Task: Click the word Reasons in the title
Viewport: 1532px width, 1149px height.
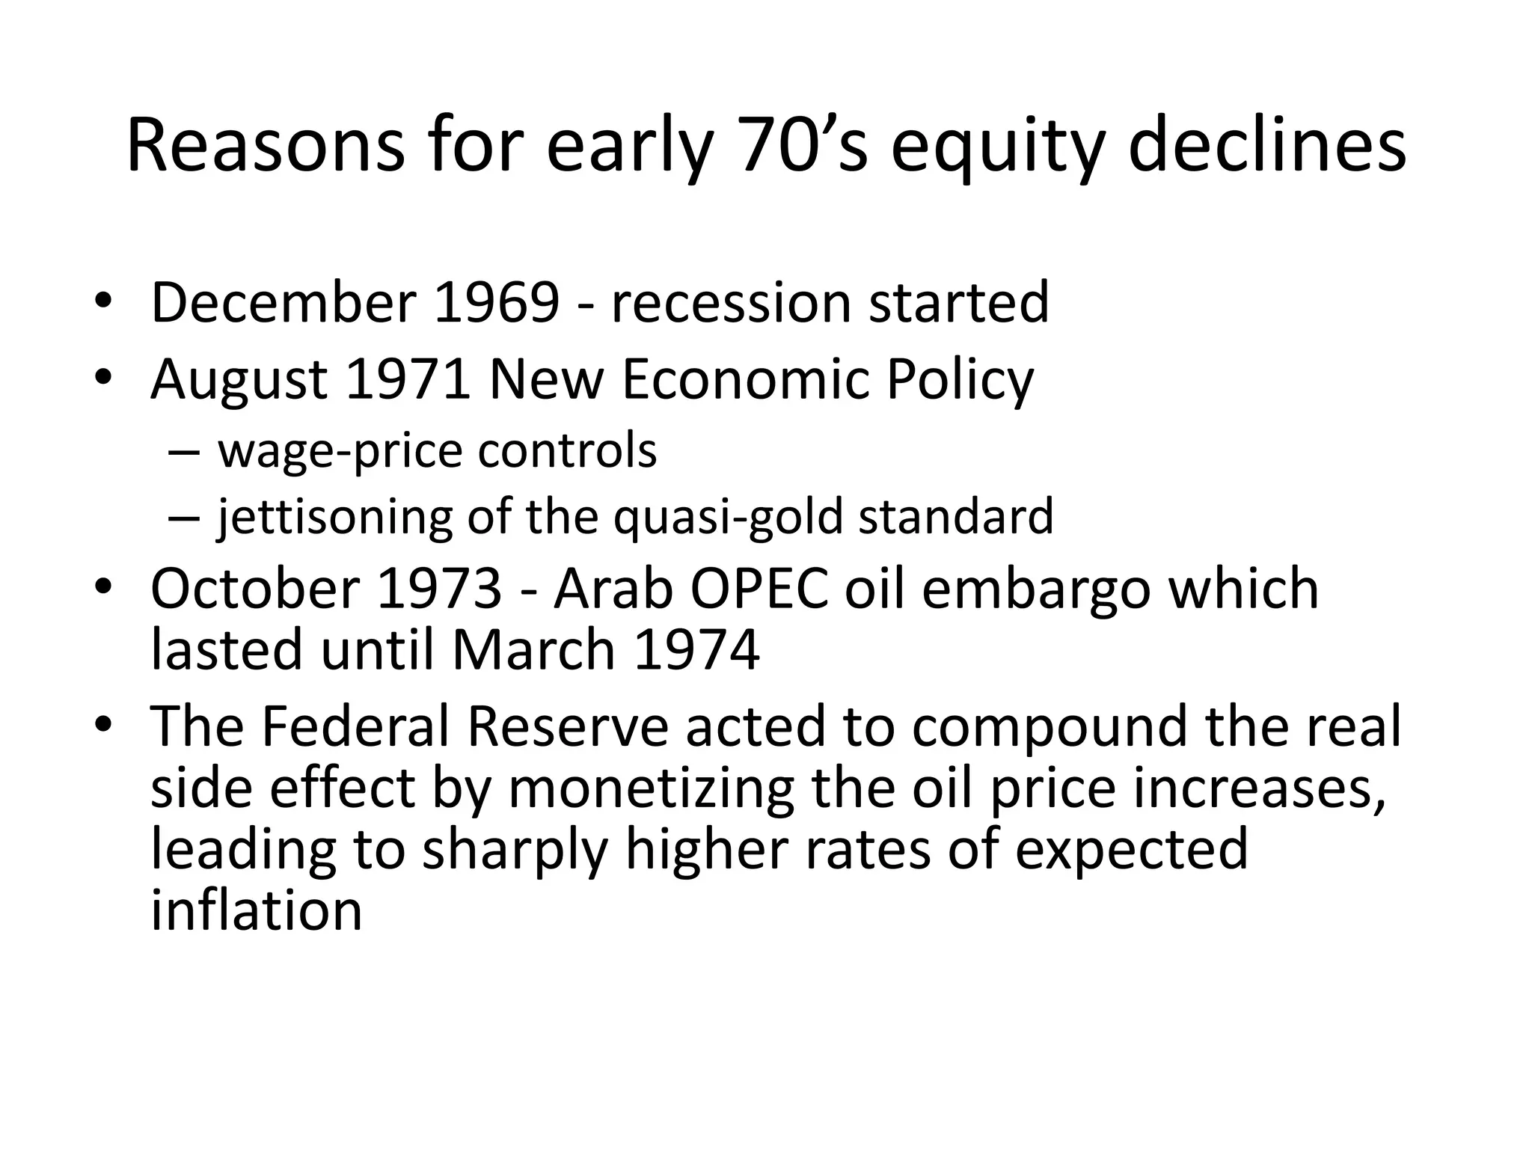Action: click(x=266, y=146)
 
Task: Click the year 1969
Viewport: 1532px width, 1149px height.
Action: click(x=496, y=302)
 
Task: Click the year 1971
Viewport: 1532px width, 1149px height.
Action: click(x=408, y=379)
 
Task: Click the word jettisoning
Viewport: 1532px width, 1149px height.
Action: click(x=335, y=518)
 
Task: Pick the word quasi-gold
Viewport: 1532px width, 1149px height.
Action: click(x=728, y=518)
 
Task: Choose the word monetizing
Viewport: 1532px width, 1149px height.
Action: click(x=651, y=788)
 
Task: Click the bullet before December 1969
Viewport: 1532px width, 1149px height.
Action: click(x=103, y=302)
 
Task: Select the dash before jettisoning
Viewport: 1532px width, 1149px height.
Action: click(x=184, y=518)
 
